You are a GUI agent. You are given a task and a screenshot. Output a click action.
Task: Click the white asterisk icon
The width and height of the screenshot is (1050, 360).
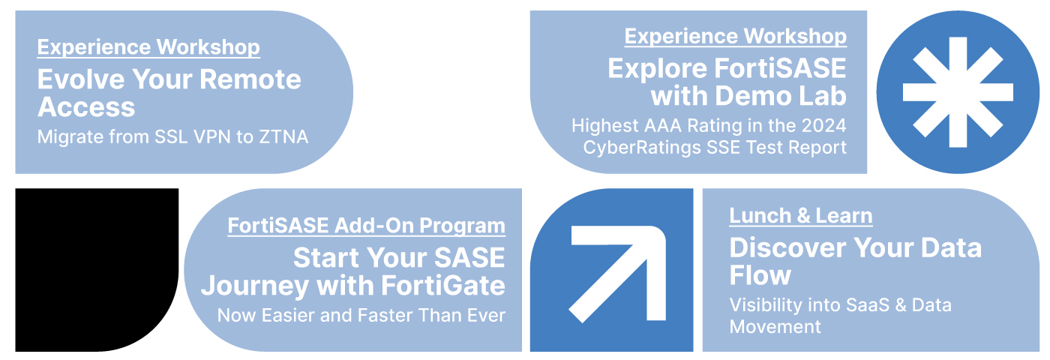click(958, 91)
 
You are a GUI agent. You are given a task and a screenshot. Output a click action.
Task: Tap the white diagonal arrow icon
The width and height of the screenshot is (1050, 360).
click(616, 274)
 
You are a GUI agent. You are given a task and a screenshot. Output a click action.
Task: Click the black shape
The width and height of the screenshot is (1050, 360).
click(97, 269)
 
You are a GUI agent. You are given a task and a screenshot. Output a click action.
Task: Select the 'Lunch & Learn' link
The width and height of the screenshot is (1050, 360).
click(801, 216)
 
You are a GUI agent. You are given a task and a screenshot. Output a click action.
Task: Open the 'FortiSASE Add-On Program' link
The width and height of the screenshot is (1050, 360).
click(366, 226)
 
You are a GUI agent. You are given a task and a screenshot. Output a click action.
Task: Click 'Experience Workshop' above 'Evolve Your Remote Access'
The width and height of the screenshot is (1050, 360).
click(148, 47)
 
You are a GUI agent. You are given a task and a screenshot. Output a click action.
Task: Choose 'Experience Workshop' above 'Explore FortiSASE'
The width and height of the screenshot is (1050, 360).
click(736, 37)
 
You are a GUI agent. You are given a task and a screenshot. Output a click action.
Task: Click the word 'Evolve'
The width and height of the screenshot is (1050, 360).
click(81, 79)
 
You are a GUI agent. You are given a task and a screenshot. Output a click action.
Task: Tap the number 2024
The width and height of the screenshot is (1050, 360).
click(823, 126)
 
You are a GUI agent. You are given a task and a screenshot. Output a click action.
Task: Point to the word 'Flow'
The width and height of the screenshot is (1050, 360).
click(760, 275)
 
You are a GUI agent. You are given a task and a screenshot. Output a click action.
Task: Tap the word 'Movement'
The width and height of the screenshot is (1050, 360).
click(775, 327)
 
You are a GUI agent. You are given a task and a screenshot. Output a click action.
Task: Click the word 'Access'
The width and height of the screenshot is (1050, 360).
click(86, 107)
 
